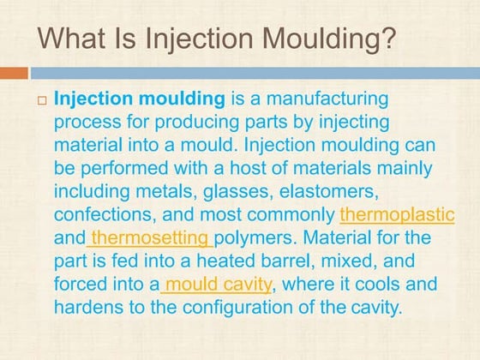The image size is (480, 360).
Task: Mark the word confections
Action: (x=102, y=213)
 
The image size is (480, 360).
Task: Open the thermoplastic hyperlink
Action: (x=397, y=213)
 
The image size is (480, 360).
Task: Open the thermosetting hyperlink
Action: (x=150, y=237)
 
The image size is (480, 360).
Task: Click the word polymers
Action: (x=255, y=237)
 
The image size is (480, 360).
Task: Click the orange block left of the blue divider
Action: (x=14, y=74)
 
